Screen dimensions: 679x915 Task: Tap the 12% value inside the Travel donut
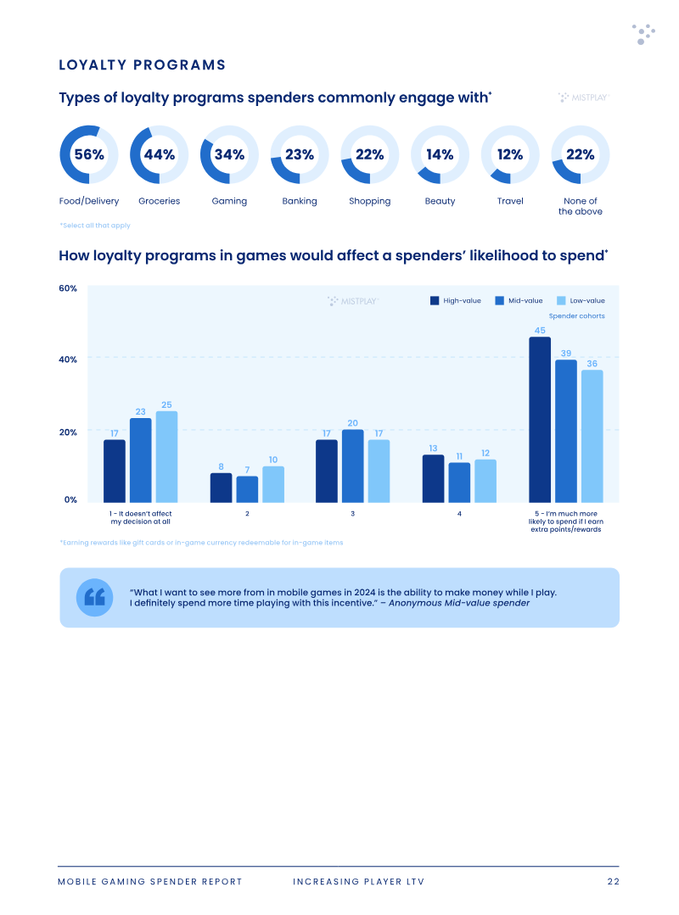[x=510, y=154]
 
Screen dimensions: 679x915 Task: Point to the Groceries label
[x=160, y=201]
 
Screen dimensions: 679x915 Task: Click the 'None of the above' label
[x=581, y=206]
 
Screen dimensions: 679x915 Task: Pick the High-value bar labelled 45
[x=540, y=420]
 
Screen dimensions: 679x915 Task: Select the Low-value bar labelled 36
[x=592, y=436]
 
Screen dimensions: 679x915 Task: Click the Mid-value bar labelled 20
[x=352, y=466]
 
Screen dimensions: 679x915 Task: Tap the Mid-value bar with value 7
[x=247, y=489]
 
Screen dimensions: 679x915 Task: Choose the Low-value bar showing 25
[x=166, y=457]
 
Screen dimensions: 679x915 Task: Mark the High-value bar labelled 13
[x=433, y=478]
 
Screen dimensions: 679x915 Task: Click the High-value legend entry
[x=456, y=300]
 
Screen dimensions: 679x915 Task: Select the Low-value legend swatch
[x=561, y=300]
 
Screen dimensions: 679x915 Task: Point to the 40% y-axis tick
[x=68, y=360]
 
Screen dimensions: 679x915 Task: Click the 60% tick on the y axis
[x=68, y=288]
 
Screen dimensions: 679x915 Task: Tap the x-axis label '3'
[x=352, y=514]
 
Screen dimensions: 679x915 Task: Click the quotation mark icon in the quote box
[x=94, y=598]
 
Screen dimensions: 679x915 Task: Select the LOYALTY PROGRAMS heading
[x=142, y=64]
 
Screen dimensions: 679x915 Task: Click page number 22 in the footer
[x=613, y=881]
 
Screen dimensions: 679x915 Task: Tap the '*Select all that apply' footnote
[x=94, y=226]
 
